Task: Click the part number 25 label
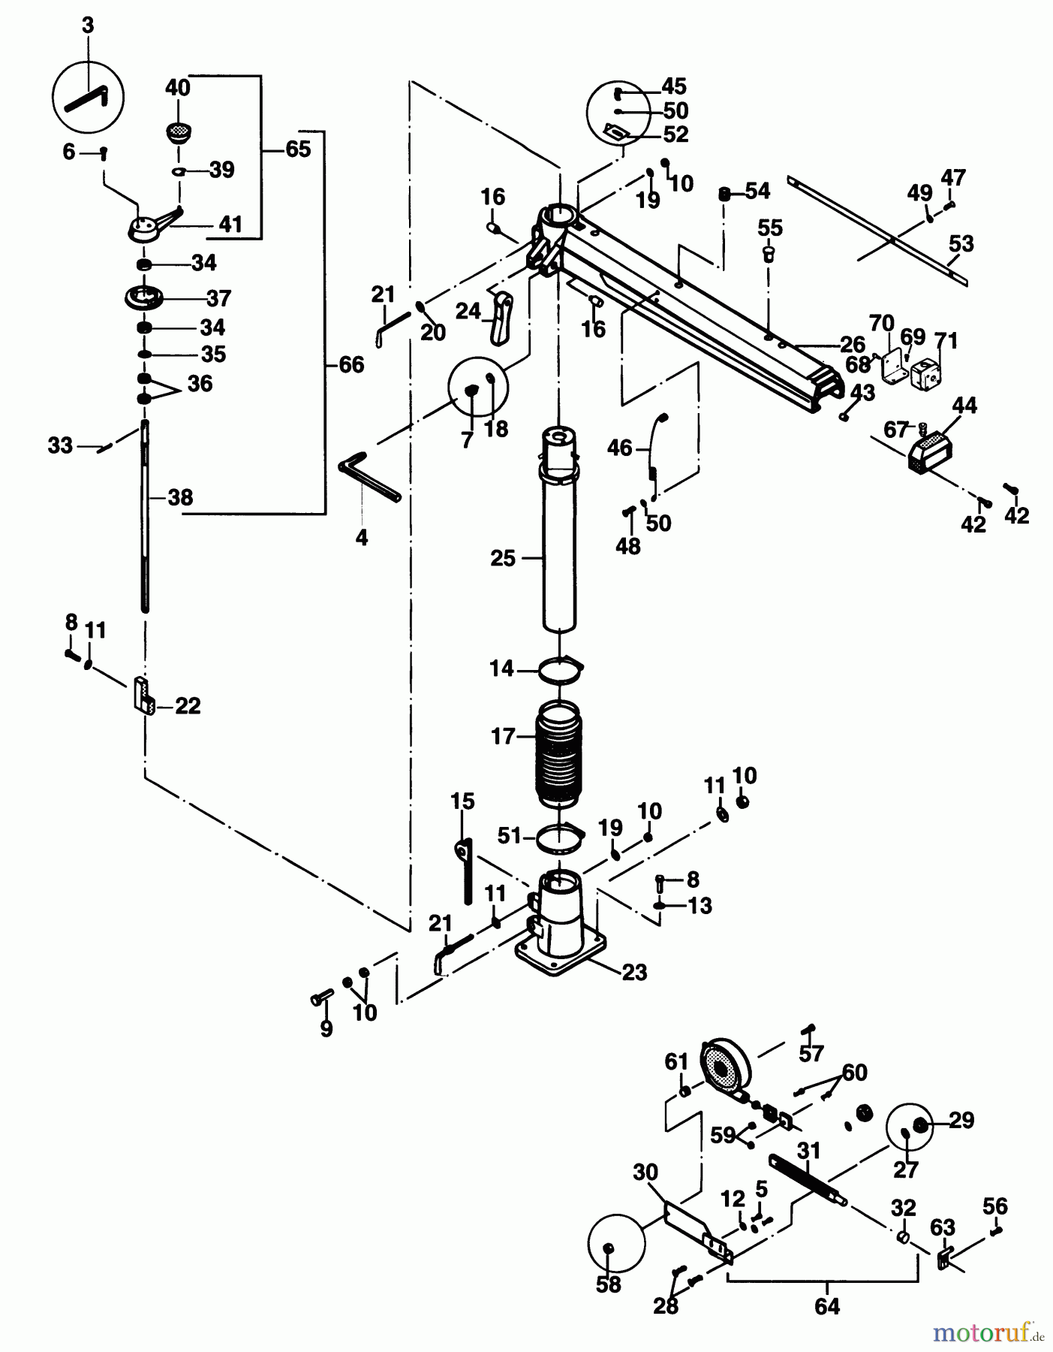pyautogui.click(x=503, y=558)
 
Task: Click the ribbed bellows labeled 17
pyautogui.click(x=559, y=753)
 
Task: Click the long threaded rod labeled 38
pyautogui.click(x=144, y=518)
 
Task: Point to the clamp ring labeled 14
pyautogui.click(x=561, y=669)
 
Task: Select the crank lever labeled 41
pyautogui.click(x=154, y=225)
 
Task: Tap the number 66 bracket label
pyautogui.click(x=351, y=365)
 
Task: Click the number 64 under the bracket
pyautogui.click(x=826, y=1307)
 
